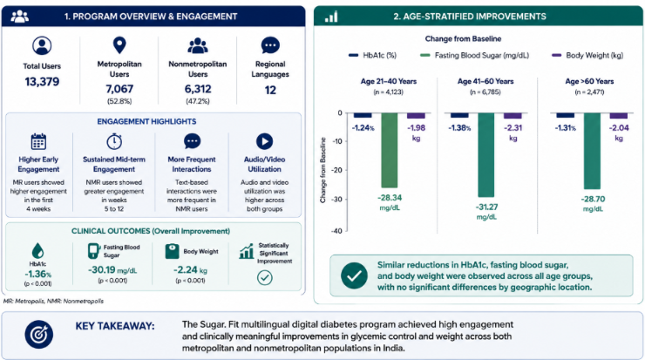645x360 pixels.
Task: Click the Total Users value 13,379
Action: [42, 81]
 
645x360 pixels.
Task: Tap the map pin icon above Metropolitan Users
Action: [119, 45]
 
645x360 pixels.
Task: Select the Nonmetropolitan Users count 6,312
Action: [198, 89]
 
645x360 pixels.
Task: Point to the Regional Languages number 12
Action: [270, 90]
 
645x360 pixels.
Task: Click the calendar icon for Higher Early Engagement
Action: [38, 141]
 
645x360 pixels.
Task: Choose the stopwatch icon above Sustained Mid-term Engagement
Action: [114, 141]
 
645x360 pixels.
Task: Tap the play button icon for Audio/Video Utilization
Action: [264, 141]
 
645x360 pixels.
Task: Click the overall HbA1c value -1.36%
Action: [37, 275]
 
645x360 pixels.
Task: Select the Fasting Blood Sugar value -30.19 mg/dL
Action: [112, 270]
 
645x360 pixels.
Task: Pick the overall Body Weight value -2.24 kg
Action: [191, 270]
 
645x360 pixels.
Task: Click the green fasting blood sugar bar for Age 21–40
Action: [390, 150]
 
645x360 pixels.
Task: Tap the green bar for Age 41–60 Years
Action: [486, 154]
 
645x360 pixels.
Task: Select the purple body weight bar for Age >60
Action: [619, 116]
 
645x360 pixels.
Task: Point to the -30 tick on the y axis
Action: [337, 200]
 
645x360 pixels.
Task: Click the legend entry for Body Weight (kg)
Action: [587, 55]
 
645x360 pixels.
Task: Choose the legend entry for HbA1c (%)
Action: [373, 55]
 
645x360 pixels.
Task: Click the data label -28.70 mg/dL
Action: [593, 204]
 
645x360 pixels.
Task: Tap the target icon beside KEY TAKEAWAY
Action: [38, 335]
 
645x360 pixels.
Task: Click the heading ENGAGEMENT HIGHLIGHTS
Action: [146, 122]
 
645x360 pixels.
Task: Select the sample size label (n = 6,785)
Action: [485, 92]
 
